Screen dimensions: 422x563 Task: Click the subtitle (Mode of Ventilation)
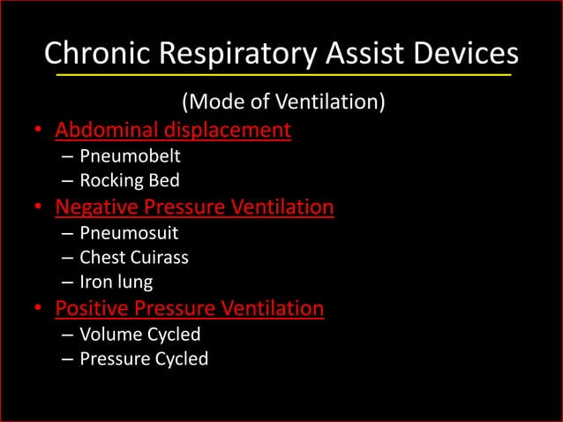[x=282, y=103]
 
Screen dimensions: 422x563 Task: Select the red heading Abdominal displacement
[x=173, y=131]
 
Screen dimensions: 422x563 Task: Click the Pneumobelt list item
[x=130, y=157]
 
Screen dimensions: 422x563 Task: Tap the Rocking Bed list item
[x=130, y=181]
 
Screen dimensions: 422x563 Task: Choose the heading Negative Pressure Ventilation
[x=194, y=207]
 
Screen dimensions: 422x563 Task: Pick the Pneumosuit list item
[x=129, y=234]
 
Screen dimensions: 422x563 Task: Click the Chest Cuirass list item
[x=134, y=258]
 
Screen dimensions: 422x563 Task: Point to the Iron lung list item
[x=116, y=282]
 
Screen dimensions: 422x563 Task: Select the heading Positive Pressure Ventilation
[x=190, y=308]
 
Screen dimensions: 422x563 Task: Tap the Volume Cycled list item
[x=140, y=335]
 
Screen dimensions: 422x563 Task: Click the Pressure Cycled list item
[x=144, y=358]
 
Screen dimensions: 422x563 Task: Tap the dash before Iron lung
[x=68, y=283]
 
